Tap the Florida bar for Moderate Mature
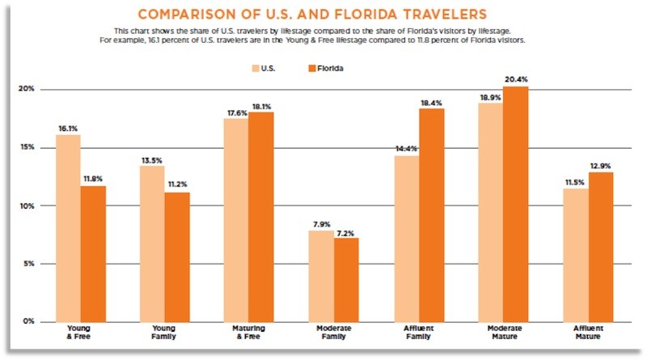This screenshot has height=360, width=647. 515,203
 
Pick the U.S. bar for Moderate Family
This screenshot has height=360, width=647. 320,275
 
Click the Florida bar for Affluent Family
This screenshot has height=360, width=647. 431,214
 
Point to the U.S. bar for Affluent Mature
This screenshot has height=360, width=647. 576,254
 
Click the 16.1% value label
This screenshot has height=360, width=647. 68,128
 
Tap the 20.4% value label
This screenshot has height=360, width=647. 515,78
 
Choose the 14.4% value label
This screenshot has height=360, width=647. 406,148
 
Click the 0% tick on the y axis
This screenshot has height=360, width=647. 28,321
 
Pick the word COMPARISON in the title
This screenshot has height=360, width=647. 187,15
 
